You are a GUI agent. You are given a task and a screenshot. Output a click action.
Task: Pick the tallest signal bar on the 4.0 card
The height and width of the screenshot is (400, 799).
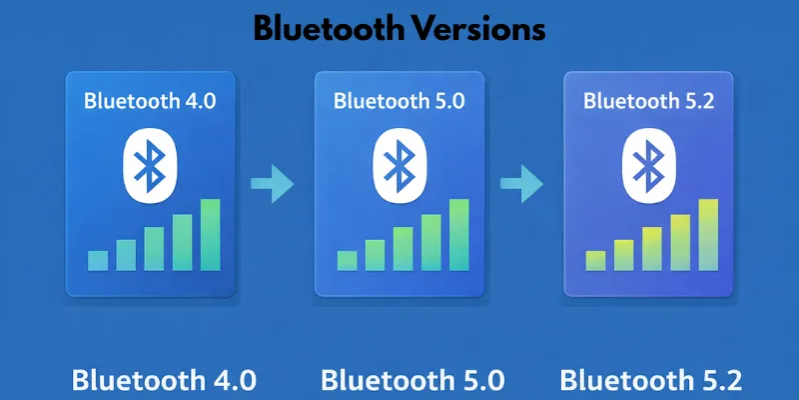[210, 235]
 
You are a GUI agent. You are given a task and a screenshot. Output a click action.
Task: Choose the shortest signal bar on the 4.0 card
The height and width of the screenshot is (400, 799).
[98, 260]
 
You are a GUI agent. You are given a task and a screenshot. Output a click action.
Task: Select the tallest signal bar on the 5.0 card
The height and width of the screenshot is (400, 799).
[458, 235]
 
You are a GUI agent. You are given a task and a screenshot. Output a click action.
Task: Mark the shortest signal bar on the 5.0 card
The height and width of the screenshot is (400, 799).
[347, 260]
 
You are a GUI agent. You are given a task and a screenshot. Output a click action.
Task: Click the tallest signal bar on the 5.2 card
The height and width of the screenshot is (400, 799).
[708, 235]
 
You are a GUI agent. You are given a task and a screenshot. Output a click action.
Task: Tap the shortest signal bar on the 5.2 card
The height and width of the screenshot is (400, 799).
[595, 260]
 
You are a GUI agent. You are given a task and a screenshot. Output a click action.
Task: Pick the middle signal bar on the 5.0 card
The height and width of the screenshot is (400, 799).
[402, 248]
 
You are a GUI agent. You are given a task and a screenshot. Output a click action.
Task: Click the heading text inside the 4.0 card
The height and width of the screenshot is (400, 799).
[149, 100]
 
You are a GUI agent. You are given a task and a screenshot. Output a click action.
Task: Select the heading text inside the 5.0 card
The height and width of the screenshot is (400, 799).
[399, 100]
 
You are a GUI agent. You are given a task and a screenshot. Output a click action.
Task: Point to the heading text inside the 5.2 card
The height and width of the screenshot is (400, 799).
[647, 100]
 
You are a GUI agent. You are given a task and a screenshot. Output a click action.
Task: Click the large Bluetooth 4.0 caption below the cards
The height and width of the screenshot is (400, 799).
[164, 381]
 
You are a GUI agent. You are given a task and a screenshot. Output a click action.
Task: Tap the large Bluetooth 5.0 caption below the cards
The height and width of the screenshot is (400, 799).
[412, 381]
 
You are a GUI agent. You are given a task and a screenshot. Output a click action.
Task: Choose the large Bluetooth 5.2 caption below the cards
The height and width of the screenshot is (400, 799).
[651, 381]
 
